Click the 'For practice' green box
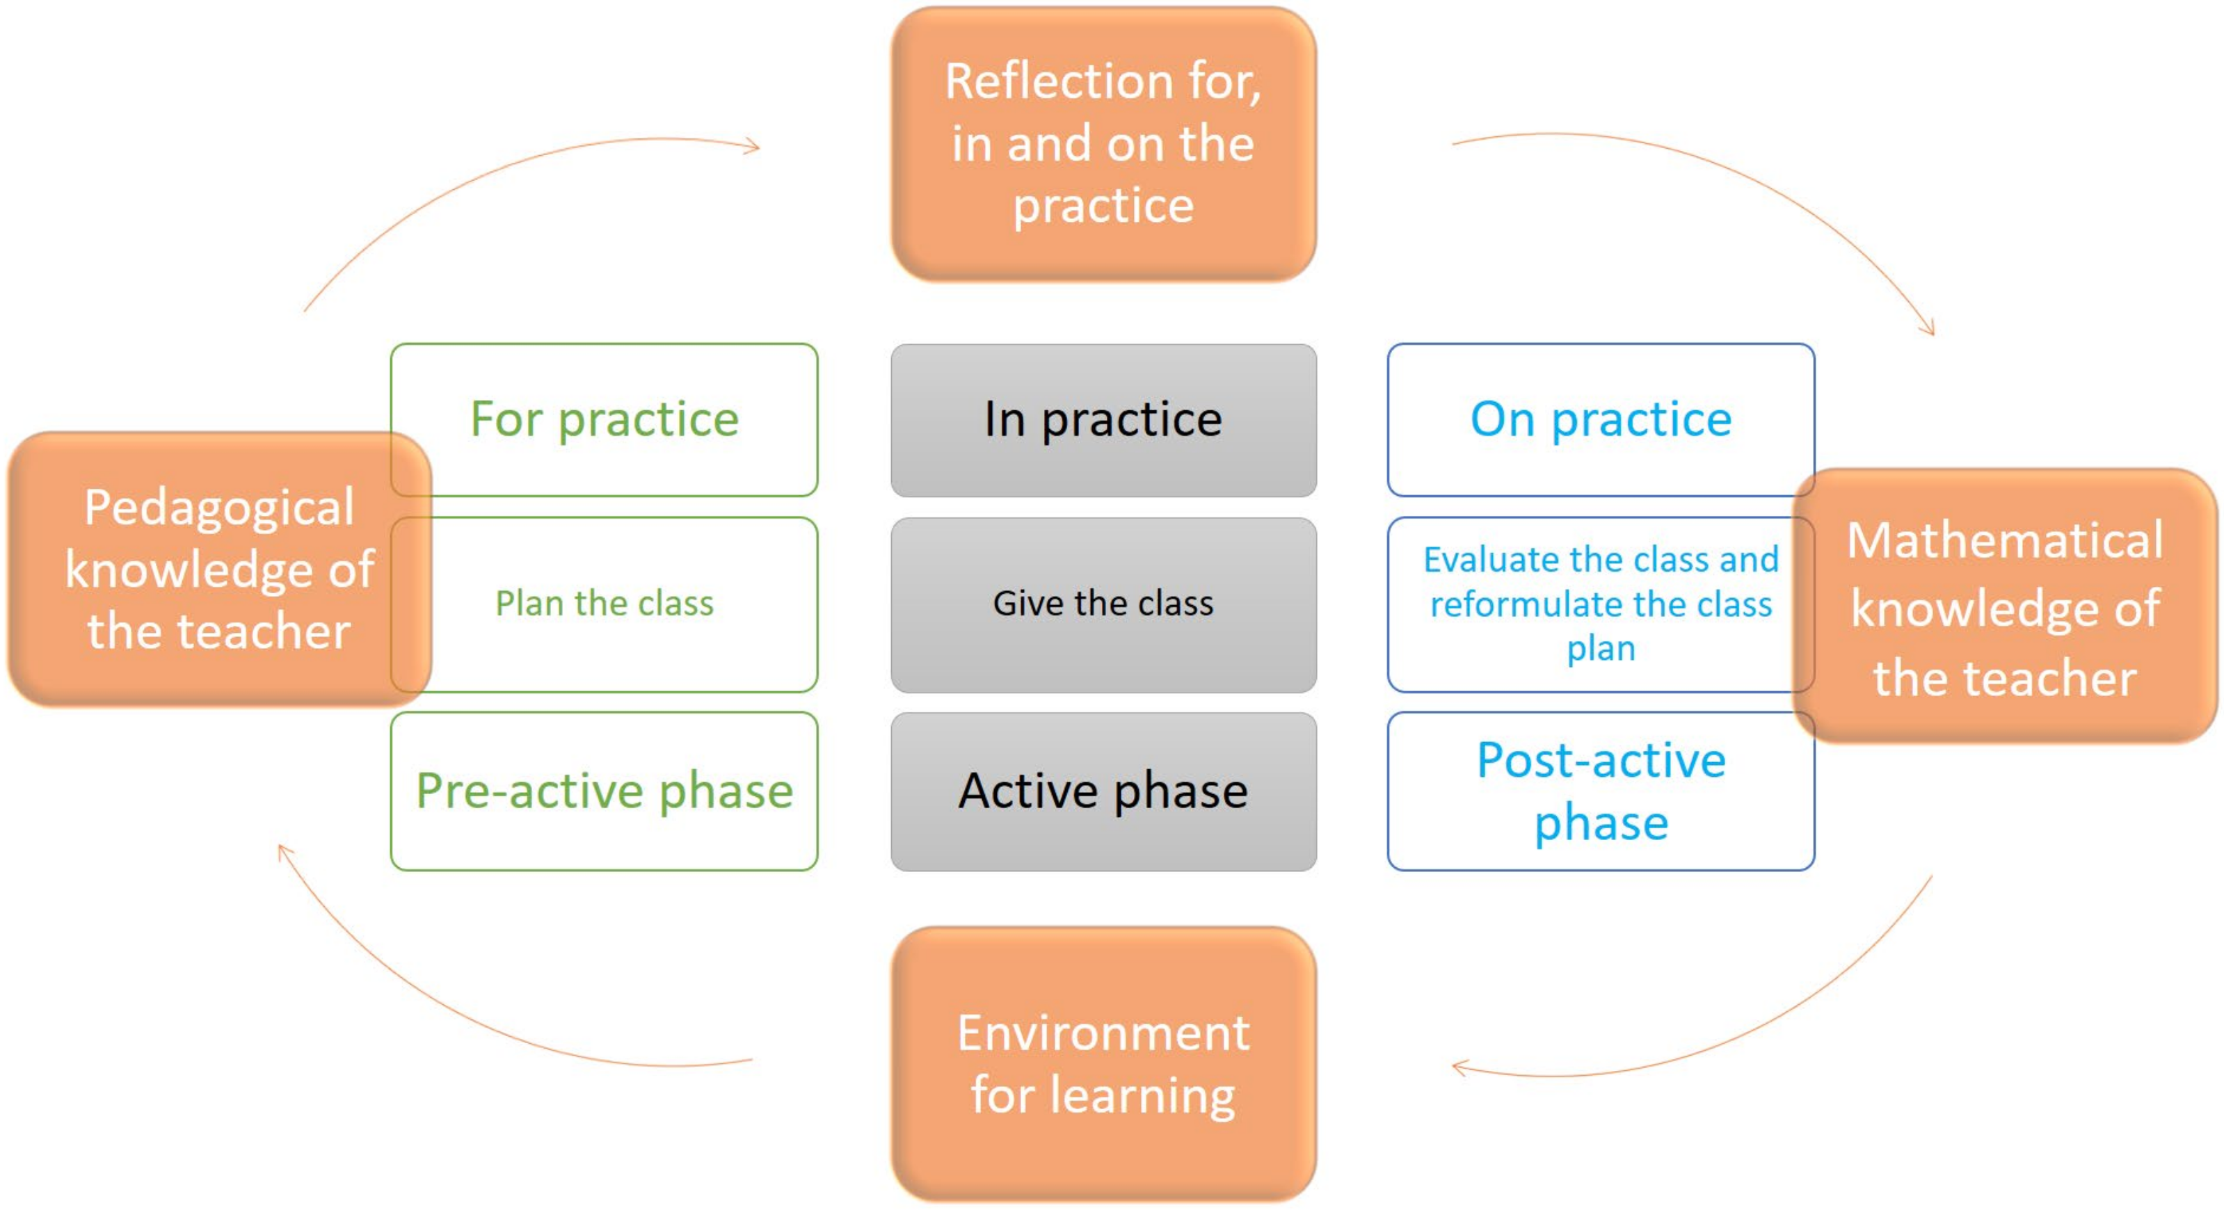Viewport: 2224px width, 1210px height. coord(605,419)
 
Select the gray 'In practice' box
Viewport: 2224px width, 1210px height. coord(1103,419)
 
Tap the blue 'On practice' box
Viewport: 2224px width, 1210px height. coord(1601,419)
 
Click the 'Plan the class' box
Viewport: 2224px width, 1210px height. coord(605,604)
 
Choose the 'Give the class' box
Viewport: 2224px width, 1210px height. coord(1103,604)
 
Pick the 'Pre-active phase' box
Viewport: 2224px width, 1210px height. coord(605,791)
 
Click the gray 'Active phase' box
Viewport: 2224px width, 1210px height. coord(1103,791)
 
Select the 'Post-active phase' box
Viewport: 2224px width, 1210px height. coord(1601,791)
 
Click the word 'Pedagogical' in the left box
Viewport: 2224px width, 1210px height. coord(219,508)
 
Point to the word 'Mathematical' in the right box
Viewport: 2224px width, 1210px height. coord(2005,541)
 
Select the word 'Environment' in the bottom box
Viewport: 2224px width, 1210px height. coord(1103,1033)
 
